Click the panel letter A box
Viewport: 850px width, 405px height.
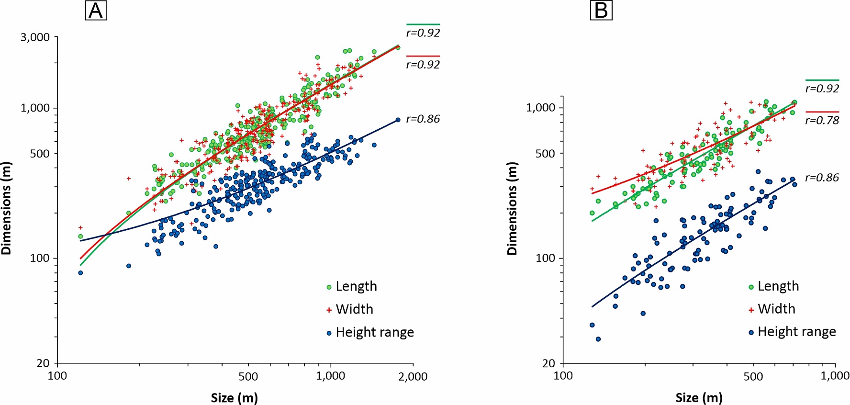(x=96, y=11)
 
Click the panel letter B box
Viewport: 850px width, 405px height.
(x=601, y=11)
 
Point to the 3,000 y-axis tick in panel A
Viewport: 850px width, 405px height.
(x=35, y=37)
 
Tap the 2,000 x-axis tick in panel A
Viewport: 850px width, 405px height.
(x=413, y=376)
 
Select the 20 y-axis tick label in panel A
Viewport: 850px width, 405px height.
(x=43, y=363)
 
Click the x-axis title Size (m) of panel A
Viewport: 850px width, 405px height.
(x=234, y=397)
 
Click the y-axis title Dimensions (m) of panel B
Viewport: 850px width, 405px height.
(x=512, y=208)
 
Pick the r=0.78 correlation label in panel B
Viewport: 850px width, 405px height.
(x=822, y=120)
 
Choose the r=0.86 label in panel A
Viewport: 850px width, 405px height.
(x=423, y=119)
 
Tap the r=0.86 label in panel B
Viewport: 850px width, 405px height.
(x=822, y=178)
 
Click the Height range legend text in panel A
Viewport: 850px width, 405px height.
(x=375, y=332)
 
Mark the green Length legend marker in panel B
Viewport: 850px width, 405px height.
(x=751, y=287)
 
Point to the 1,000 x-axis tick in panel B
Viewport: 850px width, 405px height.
(x=835, y=376)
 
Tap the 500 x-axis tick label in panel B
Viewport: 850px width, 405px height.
(x=753, y=376)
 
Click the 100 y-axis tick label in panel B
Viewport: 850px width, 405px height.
(x=545, y=258)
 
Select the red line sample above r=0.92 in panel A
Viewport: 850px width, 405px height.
(x=423, y=56)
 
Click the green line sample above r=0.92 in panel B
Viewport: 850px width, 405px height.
(x=822, y=80)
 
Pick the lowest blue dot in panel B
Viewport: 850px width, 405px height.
(x=598, y=339)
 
